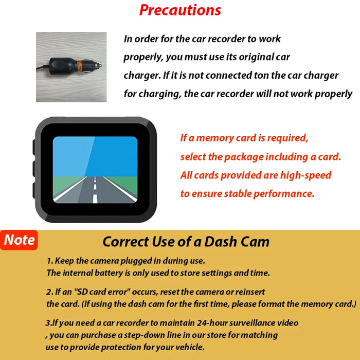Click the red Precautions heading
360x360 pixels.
[x=180, y=10]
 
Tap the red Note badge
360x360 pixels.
[x=20, y=240]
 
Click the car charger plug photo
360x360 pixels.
[x=71, y=67]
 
